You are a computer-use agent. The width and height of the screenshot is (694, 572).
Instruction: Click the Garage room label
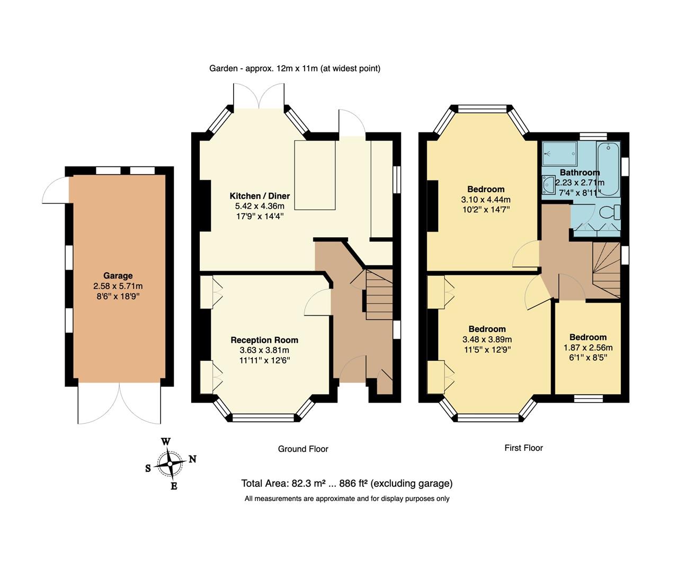tap(118, 275)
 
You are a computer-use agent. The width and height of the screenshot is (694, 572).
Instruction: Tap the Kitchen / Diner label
tap(260, 196)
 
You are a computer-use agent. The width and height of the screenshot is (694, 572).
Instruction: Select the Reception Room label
tap(264, 340)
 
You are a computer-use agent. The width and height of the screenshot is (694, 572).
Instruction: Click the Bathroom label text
tap(580, 172)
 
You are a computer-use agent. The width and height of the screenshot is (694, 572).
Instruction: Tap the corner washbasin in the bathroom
tap(548, 184)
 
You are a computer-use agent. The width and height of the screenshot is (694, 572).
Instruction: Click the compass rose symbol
tap(170, 463)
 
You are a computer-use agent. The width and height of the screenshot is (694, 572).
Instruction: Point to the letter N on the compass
tap(193, 459)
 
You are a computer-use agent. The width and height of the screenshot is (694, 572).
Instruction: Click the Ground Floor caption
tap(303, 449)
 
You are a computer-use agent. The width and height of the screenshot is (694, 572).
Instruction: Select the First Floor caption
tap(523, 448)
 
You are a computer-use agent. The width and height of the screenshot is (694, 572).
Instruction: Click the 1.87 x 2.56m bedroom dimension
tap(588, 347)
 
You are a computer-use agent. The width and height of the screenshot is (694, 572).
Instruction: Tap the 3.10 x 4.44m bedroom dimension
tap(486, 200)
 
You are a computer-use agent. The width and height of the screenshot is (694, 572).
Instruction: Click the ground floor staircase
tap(379, 294)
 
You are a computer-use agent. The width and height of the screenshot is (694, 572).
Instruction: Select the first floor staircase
tap(607, 269)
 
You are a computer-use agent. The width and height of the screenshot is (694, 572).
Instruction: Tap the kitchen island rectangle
tap(315, 175)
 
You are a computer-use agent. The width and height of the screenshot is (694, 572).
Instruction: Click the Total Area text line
tap(347, 483)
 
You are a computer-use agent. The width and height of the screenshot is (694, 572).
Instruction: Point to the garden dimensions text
tap(295, 68)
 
